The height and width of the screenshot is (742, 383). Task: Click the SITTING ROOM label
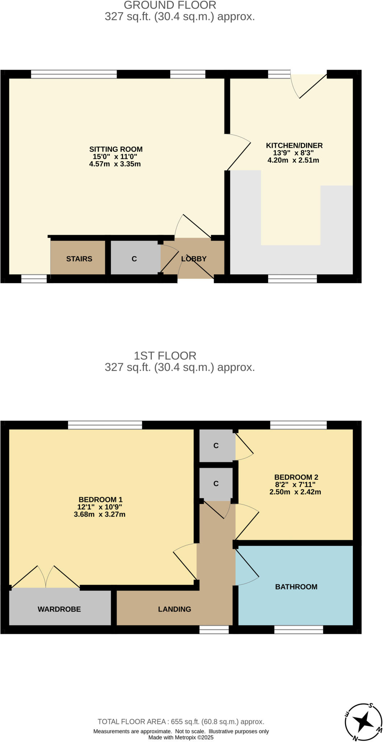[x=116, y=149]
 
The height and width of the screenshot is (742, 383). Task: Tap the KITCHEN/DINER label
[x=294, y=146]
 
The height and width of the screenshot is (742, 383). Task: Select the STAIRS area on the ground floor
[x=79, y=259]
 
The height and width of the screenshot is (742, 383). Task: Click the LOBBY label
[x=194, y=259]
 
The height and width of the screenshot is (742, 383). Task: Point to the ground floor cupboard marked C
[x=134, y=259]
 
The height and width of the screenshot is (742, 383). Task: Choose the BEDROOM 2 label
[x=296, y=477]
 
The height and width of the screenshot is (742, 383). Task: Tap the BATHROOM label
[x=296, y=587]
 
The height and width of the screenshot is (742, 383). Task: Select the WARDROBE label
[x=59, y=609]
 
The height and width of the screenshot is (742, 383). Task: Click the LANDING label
[x=174, y=609]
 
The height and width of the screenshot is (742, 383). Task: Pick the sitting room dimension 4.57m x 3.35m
[x=115, y=164]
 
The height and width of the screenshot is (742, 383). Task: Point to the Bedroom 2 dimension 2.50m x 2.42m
[x=295, y=492]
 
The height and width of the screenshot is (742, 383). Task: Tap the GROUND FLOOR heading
[x=170, y=5]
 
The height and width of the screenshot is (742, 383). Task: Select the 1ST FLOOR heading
[x=165, y=355]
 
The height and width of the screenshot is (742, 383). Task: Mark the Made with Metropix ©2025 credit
[x=181, y=737]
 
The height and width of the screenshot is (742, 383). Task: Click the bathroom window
[x=298, y=630]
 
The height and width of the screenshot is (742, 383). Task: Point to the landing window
[x=214, y=630]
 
